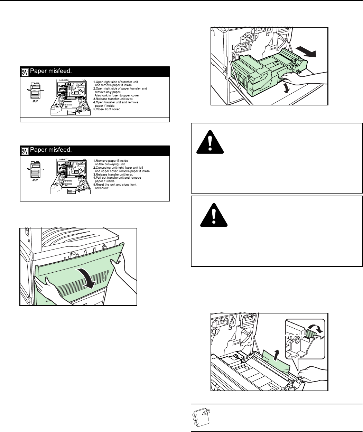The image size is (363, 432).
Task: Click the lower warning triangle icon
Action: click(214, 215)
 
